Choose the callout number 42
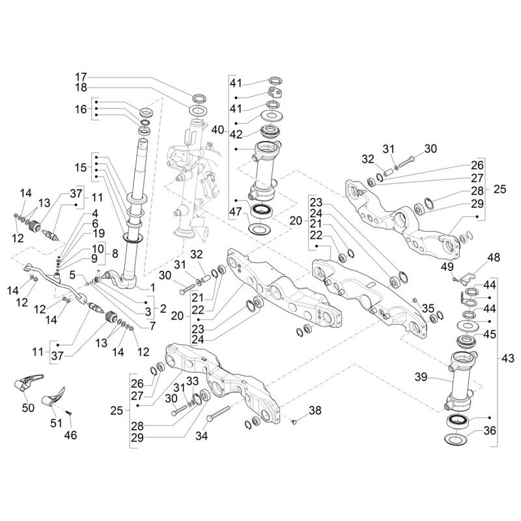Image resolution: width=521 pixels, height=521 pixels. pyautogui.click(x=235, y=134)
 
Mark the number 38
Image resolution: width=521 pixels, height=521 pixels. pyautogui.click(x=315, y=411)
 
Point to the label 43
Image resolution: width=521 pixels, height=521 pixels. pyautogui.click(x=508, y=358)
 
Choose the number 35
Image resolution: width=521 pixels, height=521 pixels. pyautogui.click(x=428, y=308)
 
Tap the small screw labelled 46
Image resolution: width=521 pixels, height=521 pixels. pyautogui.click(x=68, y=412)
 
